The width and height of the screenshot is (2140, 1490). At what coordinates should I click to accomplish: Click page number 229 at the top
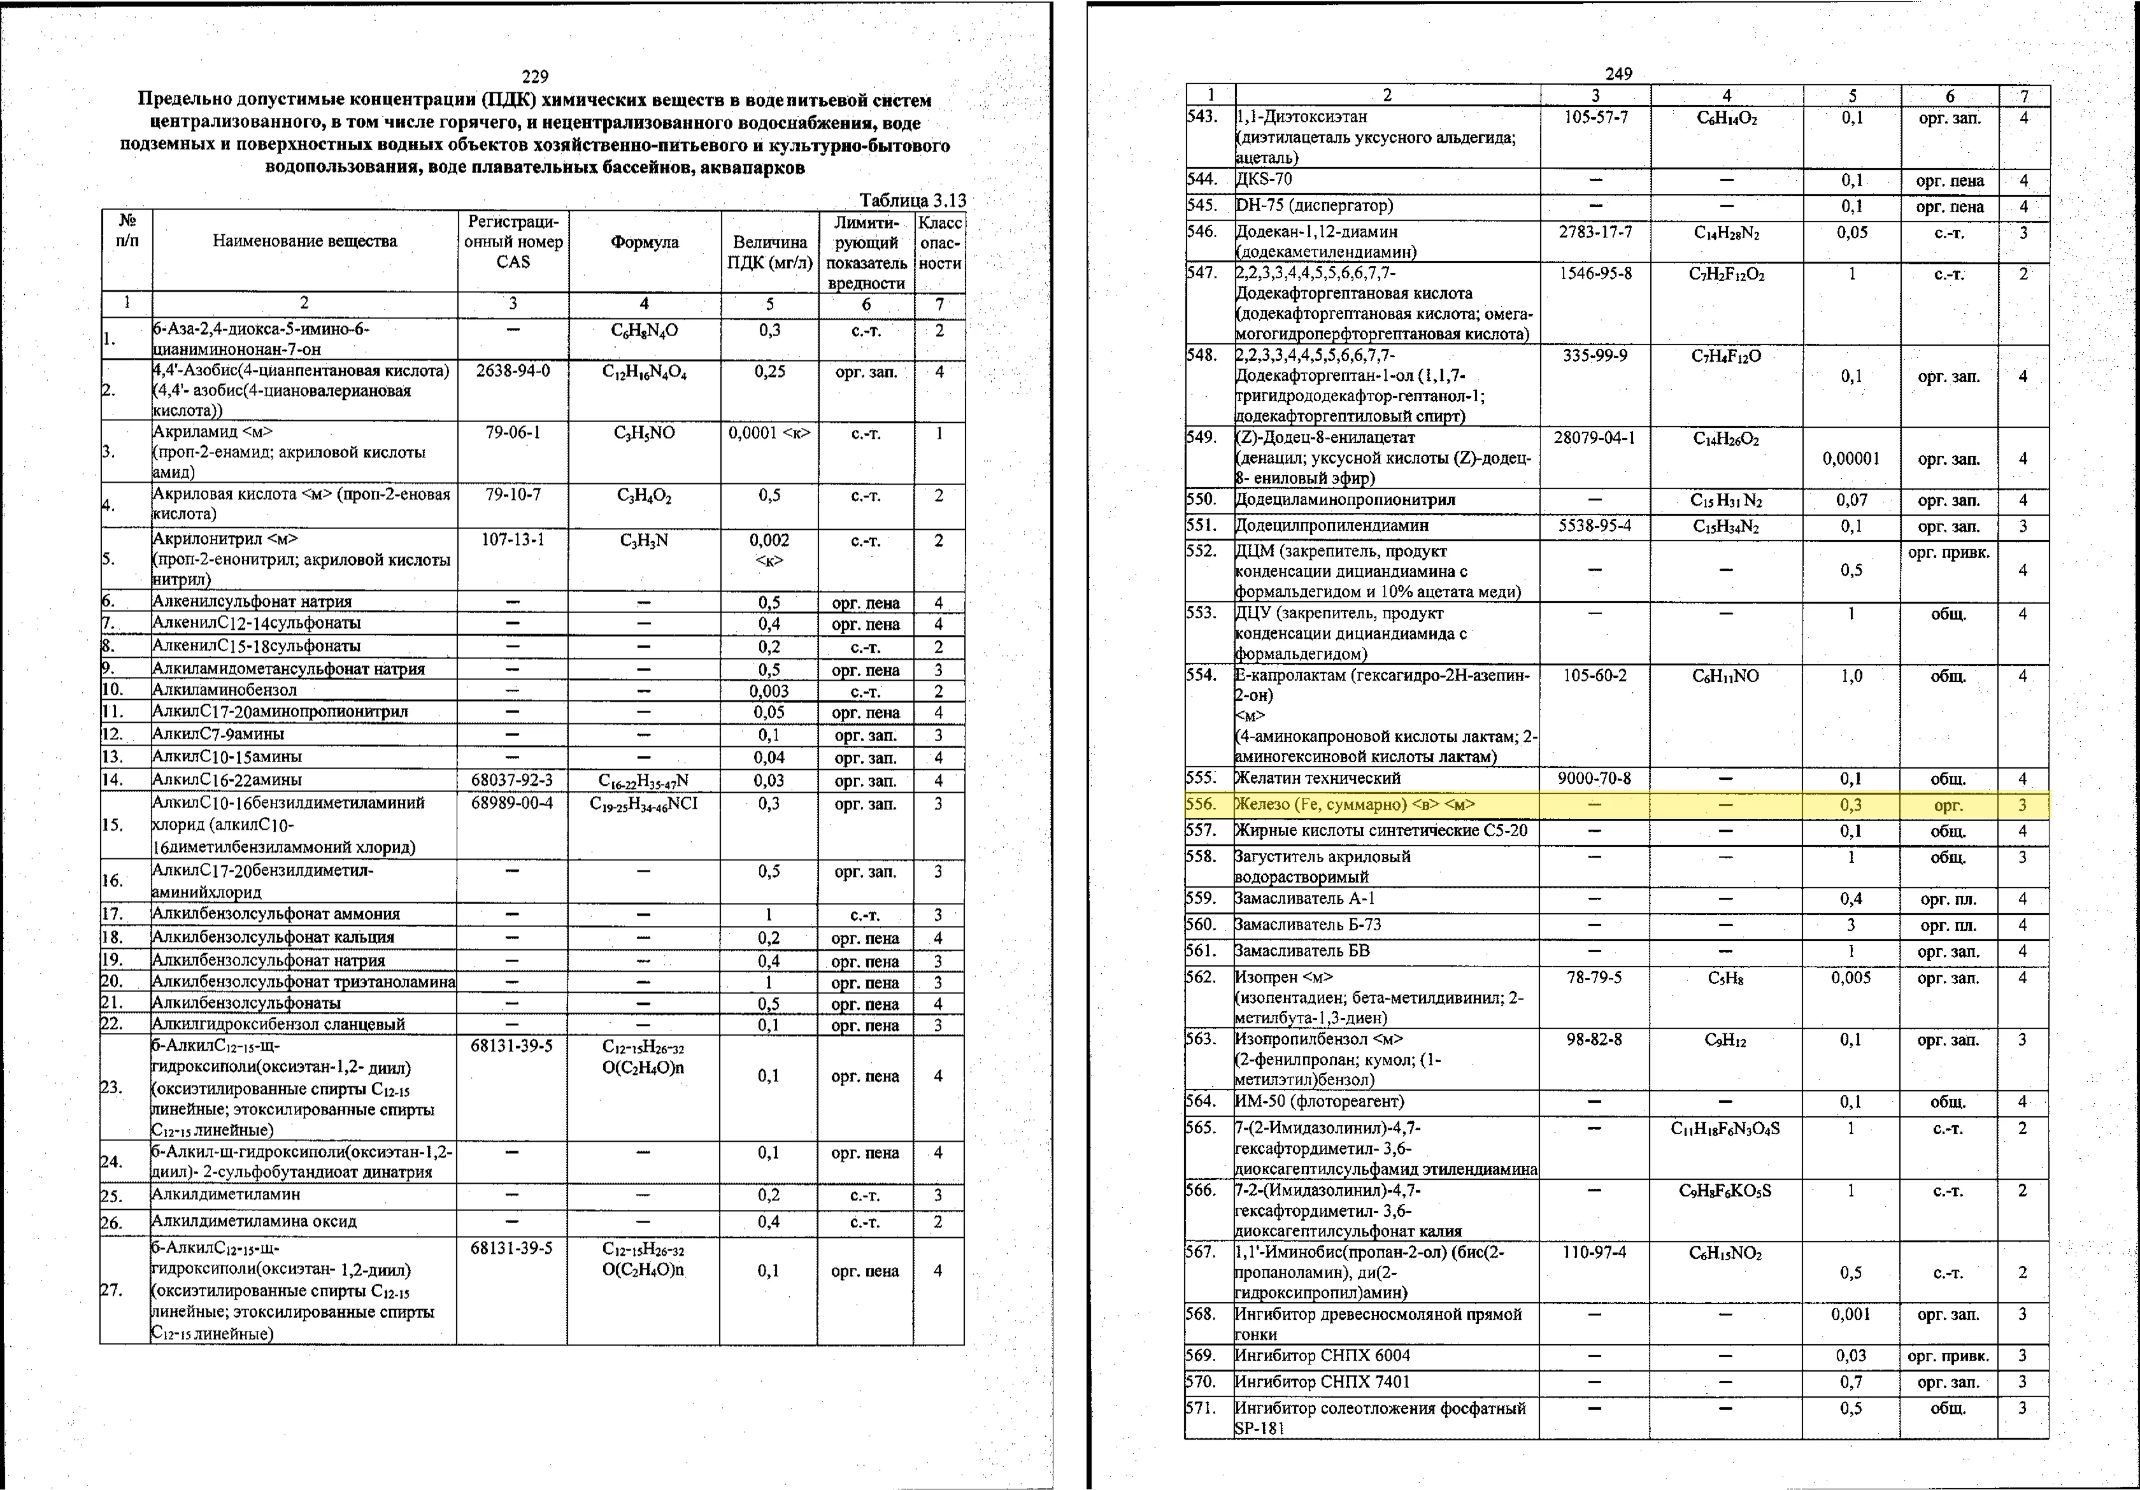tap(535, 76)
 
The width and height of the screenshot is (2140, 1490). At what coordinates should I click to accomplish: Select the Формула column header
tap(644, 242)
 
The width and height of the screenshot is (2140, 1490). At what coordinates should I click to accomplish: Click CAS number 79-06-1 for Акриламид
tap(513, 433)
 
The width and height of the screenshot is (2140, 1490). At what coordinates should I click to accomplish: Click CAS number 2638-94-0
tap(513, 371)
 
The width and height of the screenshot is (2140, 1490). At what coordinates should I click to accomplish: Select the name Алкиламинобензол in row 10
tap(225, 690)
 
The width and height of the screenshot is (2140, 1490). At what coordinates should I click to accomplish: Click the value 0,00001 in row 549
tap(1851, 458)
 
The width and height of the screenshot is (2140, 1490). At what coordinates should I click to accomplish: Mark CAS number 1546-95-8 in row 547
tap(1595, 273)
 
